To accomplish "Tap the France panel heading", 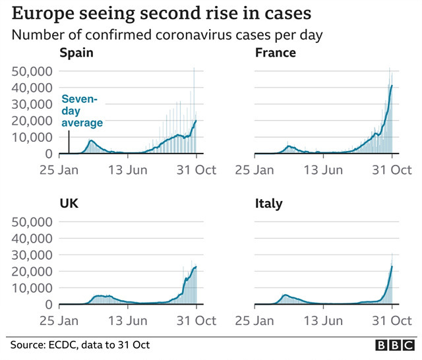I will (276, 53).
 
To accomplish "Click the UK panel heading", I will (69, 204).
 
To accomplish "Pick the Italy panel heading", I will (268, 204).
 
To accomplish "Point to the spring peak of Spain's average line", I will (91, 141).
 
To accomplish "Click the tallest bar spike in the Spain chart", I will (194, 69).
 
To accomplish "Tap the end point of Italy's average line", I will (392, 266).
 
